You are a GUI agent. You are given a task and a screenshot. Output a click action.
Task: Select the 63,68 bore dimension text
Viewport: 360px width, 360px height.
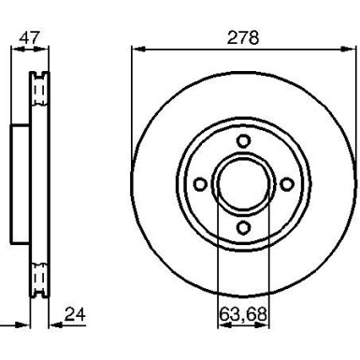click(242, 314)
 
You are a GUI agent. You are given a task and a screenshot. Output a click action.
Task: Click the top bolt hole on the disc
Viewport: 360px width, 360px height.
click(242, 140)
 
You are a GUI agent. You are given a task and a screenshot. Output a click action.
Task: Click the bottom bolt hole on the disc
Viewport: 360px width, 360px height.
click(242, 226)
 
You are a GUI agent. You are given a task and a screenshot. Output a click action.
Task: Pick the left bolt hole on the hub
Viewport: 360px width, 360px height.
click(199, 183)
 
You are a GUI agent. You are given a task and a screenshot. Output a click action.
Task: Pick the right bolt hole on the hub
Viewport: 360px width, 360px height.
click(285, 183)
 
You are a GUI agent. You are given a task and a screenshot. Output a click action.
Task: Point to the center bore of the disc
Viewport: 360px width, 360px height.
click(242, 183)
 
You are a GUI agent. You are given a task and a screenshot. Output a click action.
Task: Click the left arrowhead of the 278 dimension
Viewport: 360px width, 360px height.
click(137, 49)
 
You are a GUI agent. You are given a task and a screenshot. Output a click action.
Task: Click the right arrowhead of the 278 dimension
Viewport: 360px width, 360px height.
click(349, 49)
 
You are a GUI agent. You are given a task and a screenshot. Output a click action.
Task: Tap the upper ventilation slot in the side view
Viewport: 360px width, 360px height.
click(39, 88)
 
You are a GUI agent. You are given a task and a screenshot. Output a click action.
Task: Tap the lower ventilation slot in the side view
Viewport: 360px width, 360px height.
click(39, 278)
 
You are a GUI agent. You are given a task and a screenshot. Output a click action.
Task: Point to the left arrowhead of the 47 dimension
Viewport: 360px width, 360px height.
click(18, 49)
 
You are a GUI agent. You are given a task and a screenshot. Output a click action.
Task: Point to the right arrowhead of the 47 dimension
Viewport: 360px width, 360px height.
click(46, 49)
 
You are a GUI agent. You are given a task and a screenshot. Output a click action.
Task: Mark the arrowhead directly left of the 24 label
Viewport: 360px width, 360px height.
click(53, 326)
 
